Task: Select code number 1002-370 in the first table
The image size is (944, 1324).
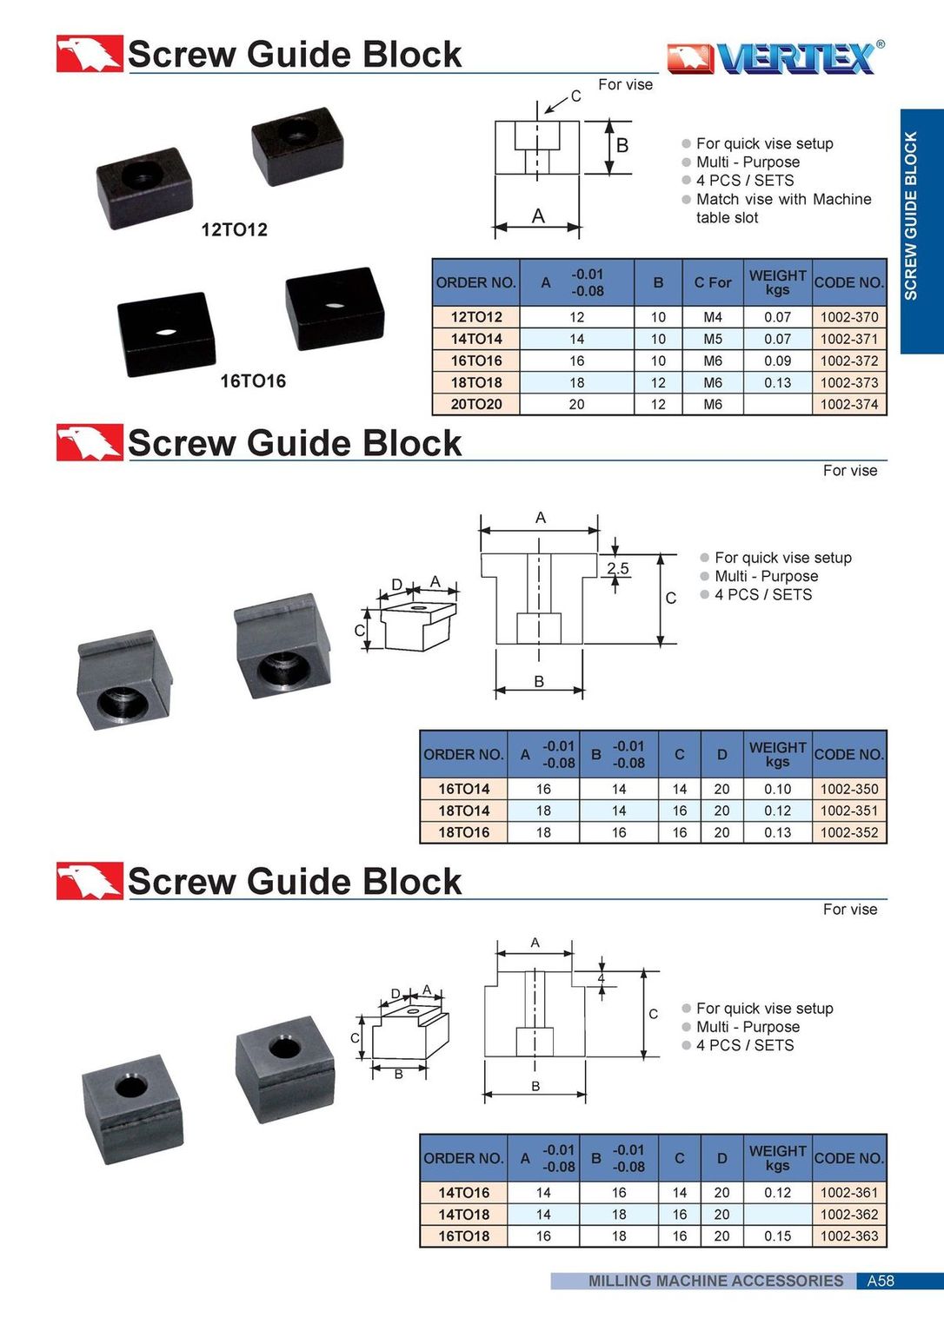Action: click(848, 317)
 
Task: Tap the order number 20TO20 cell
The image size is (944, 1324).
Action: click(475, 404)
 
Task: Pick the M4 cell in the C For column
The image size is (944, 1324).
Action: click(712, 317)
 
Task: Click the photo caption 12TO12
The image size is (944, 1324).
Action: click(234, 229)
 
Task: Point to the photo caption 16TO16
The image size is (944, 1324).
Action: click(252, 381)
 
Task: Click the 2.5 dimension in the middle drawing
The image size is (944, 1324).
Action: click(617, 568)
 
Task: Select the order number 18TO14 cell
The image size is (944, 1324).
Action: click(463, 811)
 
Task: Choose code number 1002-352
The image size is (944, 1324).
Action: click(848, 832)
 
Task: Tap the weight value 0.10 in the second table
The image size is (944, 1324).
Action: click(777, 789)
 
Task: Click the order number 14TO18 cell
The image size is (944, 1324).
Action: click(463, 1215)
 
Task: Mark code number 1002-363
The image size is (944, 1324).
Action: click(848, 1236)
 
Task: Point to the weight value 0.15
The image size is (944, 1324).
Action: click(777, 1236)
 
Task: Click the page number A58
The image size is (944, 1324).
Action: click(880, 1281)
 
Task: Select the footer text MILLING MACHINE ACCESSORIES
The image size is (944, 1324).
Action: click(715, 1281)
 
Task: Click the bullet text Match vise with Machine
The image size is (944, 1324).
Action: click(783, 199)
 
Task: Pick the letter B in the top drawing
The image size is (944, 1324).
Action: click(622, 146)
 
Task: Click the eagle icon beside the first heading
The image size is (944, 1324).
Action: click(89, 54)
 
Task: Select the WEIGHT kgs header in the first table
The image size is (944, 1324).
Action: click(777, 282)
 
